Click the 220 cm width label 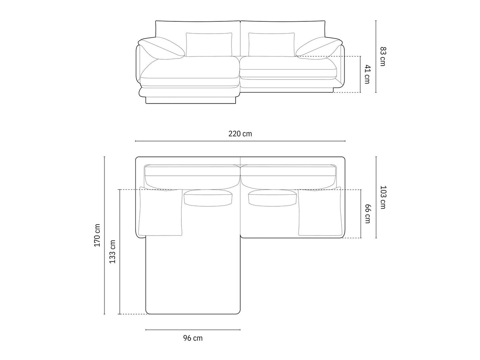coord(240,134)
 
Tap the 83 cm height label coord(383,57)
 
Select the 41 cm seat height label coord(367,74)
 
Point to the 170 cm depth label coord(97,235)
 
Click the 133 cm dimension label coord(112,252)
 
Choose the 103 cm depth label coord(383,197)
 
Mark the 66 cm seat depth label coord(367,214)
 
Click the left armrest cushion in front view coord(162,48)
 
